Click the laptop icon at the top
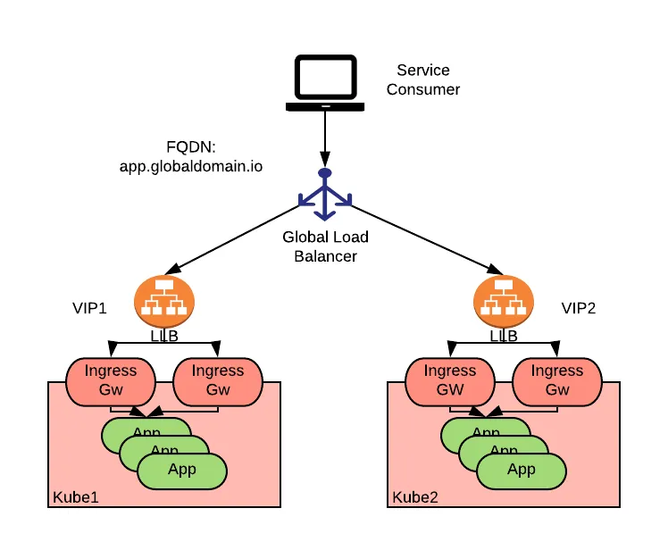[325, 84]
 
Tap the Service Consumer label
[423, 79]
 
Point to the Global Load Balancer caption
[325, 246]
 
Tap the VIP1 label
[89, 308]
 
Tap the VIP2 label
[578, 308]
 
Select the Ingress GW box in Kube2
[450, 380]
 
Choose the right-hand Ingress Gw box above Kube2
[557, 380]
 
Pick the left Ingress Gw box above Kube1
[111, 380]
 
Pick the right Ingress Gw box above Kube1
[218, 380]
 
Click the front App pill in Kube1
[182, 470]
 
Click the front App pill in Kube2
[522, 470]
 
